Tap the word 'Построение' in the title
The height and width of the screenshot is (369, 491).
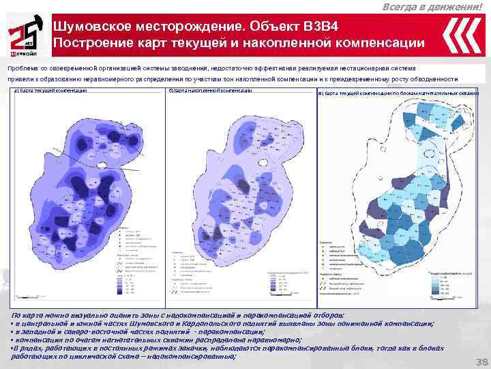pos(88,43)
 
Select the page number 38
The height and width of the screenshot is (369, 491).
pos(480,361)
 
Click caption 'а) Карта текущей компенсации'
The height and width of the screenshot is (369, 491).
pos(50,92)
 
